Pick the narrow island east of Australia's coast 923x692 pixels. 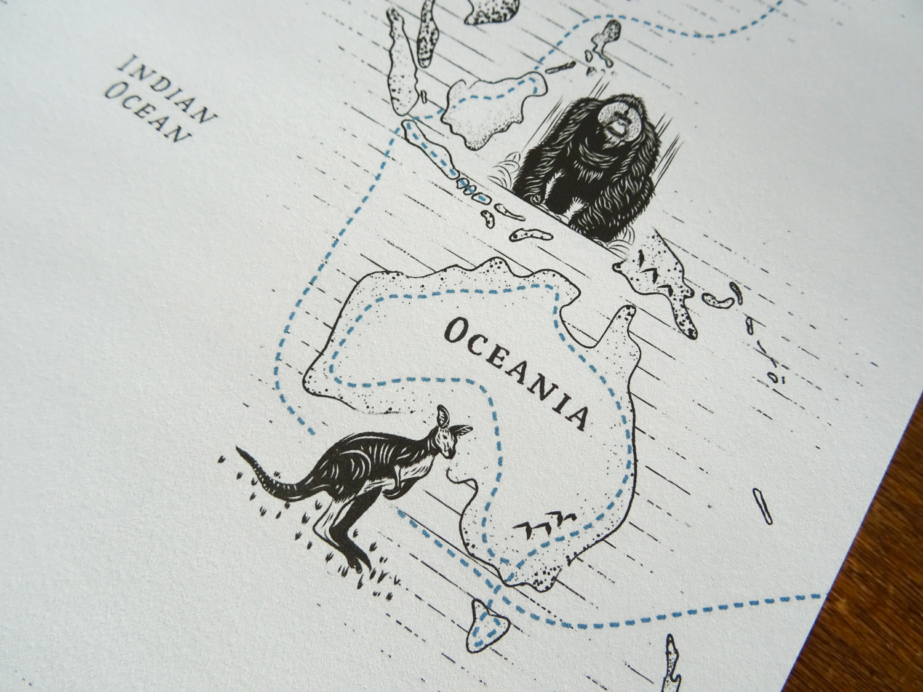tap(762, 504)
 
